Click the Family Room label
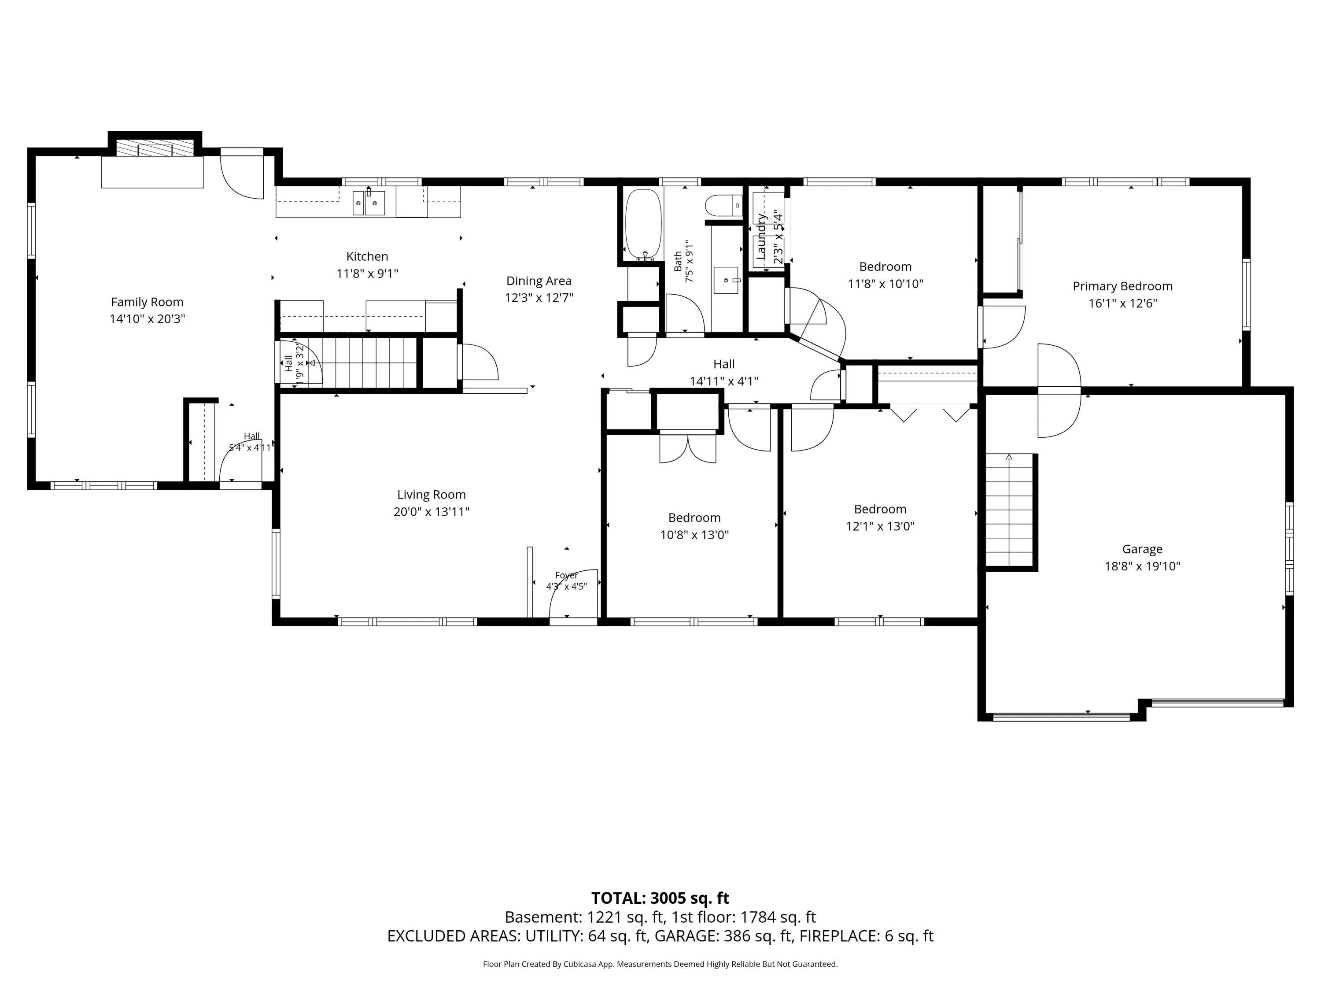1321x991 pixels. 147,302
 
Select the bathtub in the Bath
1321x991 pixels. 643,225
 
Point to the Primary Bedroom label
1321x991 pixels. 1122,286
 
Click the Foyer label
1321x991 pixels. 566,575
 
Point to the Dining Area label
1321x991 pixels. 539,281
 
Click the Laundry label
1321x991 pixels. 761,237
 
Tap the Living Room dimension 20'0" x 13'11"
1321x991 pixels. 431,511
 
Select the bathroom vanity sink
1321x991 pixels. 726,280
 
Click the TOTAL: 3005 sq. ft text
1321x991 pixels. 660,898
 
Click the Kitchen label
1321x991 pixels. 367,256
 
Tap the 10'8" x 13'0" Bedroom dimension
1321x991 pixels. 694,535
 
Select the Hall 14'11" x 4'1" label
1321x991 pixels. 724,372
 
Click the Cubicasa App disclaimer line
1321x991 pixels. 660,964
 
